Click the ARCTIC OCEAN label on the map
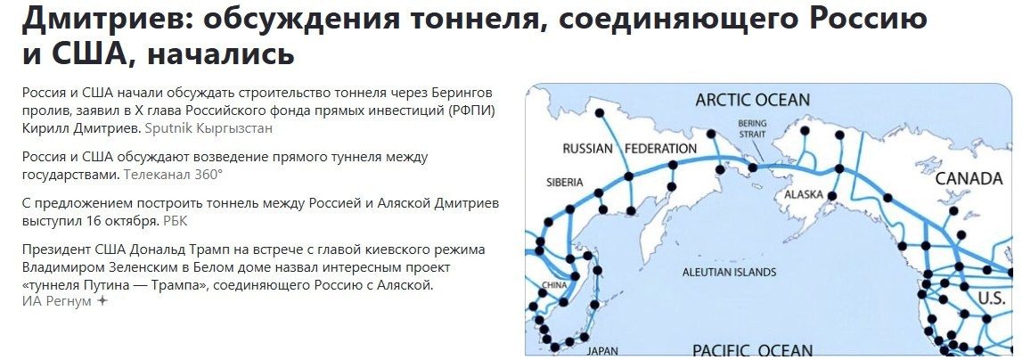point(753,99)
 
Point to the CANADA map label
point(969,179)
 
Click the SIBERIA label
point(565,183)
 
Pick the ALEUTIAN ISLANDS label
point(728,273)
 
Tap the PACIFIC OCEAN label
point(752,349)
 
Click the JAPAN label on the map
point(602,350)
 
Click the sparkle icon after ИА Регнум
point(102,301)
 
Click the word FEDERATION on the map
point(660,148)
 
